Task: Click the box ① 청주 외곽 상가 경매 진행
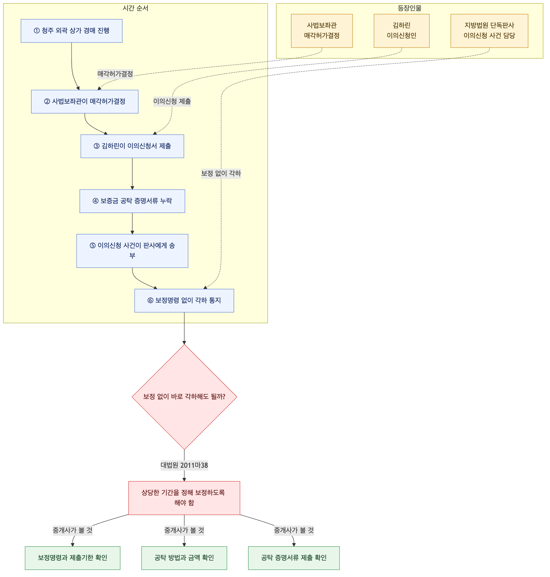point(72,31)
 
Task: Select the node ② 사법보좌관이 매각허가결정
point(85,101)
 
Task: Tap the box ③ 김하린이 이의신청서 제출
point(132,146)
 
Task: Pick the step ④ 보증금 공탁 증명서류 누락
point(132,201)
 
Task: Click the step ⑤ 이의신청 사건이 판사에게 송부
point(132,251)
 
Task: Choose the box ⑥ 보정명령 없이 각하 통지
point(184,300)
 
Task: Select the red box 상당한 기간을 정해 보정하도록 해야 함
point(184,498)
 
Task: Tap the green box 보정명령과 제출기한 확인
point(72,558)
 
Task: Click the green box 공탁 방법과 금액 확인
point(184,558)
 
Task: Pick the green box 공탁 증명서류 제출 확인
point(294,558)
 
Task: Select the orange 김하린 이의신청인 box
point(401,31)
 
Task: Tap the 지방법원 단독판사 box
point(489,31)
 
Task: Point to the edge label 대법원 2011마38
point(184,465)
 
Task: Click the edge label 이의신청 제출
point(172,101)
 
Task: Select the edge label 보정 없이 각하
point(221,173)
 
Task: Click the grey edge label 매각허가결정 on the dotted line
point(115,74)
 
